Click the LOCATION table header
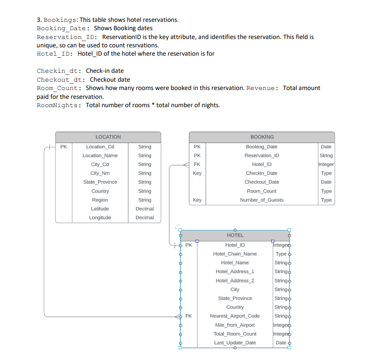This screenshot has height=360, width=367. [x=108, y=137]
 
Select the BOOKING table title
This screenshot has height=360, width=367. [x=262, y=137]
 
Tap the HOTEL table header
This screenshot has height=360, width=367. [x=235, y=235]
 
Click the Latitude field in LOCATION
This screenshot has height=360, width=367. [x=100, y=209]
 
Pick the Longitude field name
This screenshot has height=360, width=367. [x=100, y=217]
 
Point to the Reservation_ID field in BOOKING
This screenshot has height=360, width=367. [x=262, y=156]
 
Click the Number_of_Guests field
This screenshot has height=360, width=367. [x=262, y=200]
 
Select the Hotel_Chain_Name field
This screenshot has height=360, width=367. [x=235, y=254]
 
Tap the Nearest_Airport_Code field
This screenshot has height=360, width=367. [x=235, y=316]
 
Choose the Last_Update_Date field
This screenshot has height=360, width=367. [x=235, y=343]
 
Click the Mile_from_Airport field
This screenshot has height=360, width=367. [x=235, y=325]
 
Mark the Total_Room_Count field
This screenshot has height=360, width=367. [x=235, y=334]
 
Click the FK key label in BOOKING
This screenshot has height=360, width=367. [x=197, y=164]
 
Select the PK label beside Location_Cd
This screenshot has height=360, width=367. [x=64, y=147]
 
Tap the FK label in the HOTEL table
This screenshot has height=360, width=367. [x=188, y=316]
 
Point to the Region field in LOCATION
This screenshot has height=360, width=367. [x=100, y=200]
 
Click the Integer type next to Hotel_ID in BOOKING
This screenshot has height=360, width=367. [x=326, y=164]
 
